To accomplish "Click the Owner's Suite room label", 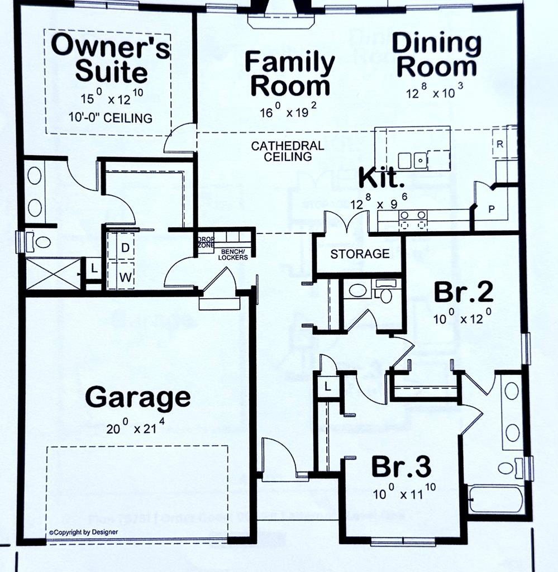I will (111, 59).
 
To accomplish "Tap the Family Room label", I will (290, 74).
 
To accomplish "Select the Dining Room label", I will (436, 55).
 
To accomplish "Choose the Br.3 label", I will (402, 468).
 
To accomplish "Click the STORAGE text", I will (360, 254).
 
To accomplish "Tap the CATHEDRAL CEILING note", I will (287, 151).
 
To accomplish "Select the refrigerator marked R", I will (500, 144).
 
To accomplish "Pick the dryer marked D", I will (125, 247).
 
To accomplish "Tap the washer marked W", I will (125, 276).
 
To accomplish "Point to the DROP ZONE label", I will (206, 242).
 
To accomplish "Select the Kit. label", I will (381, 179).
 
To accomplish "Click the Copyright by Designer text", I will (84, 532).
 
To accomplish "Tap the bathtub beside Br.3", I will (495, 499).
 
